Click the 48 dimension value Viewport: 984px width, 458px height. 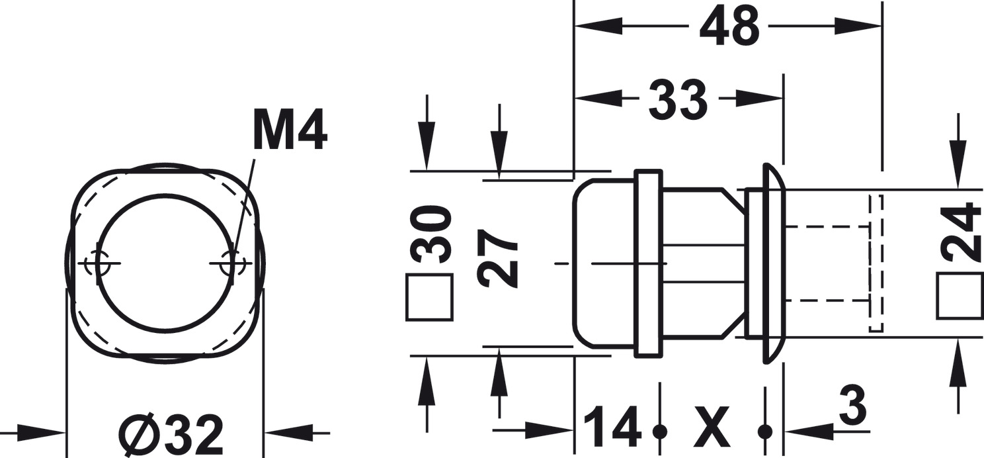pyautogui.click(x=729, y=26)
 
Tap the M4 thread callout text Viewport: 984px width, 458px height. pyautogui.click(x=290, y=132)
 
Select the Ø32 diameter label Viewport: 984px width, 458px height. pyautogui.click(x=171, y=434)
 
